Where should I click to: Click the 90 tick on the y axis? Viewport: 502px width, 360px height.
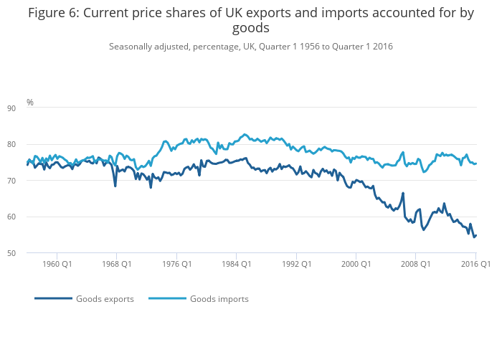[x=31, y=108]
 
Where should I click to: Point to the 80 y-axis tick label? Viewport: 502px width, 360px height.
[x=31, y=144]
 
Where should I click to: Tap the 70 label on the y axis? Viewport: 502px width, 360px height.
[x=31, y=181]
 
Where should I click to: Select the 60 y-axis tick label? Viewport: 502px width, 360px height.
[x=31, y=217]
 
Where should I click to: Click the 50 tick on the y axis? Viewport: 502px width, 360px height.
[x=31, y=253]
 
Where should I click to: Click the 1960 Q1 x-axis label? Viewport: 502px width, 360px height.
[x=57, y=264]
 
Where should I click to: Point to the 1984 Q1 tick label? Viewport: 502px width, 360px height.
[x=237, y=264]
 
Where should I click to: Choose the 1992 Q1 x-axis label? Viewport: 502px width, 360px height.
[x=296, y=264]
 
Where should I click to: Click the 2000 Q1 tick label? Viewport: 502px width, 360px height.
[x=356, y=264]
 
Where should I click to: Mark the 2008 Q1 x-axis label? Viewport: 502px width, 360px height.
[x=416, y=264]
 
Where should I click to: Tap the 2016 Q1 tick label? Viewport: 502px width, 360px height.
[x=475, y=264]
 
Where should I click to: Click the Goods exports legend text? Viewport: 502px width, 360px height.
[x=105, y=299]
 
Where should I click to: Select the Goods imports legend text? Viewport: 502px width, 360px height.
[x=219, y=299]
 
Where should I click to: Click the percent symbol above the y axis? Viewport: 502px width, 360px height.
[x=30, y=103]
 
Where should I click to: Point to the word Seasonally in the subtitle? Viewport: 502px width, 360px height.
[x=131, y=47]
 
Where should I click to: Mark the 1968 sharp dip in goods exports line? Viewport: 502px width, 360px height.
[x=115, y=186]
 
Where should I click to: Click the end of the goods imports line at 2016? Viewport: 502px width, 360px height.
[x=475, y=164]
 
